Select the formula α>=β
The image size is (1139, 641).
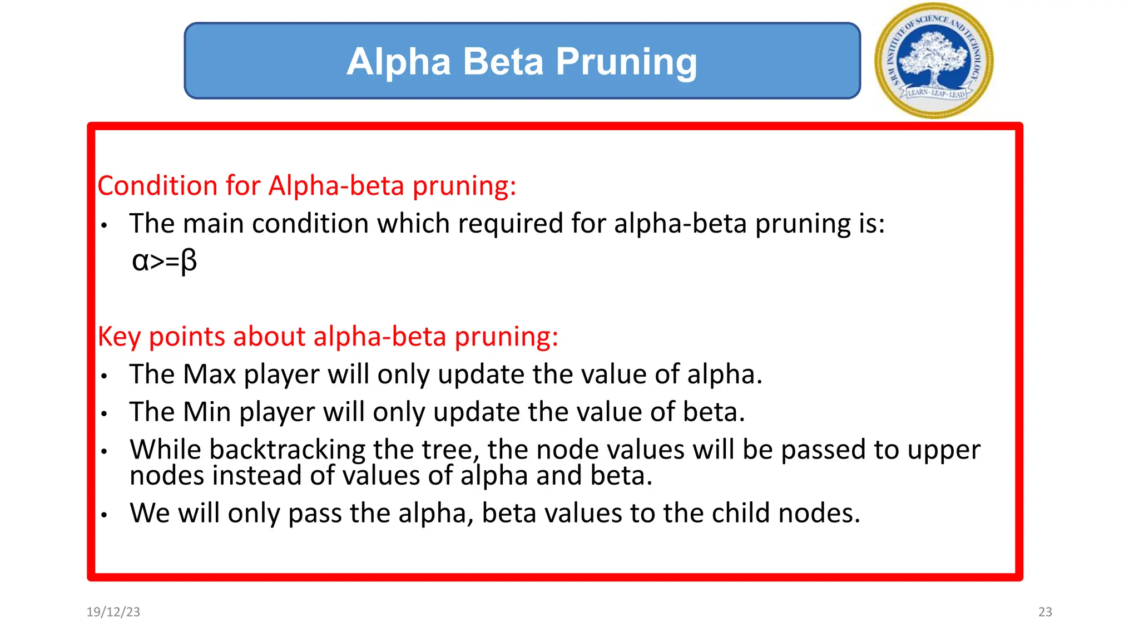click(164, 260)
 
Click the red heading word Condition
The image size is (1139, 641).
click(157, 185)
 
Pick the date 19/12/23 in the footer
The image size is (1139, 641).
click(113, 612)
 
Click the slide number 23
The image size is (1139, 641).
click(1045, 612)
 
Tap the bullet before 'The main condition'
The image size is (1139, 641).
click(104, 225)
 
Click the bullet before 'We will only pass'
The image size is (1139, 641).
click(104, 515)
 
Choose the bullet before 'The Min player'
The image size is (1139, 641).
click(104, 414)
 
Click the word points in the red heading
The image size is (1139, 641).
click(187, 337)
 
